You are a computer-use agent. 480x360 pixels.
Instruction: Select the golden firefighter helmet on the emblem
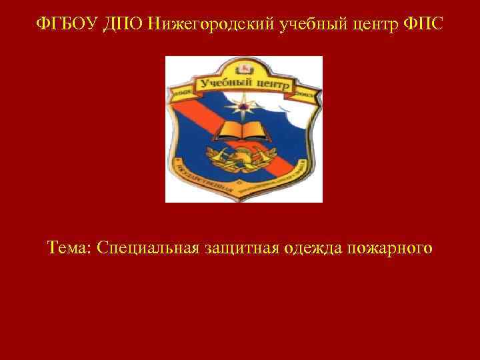[x=241, y=157]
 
